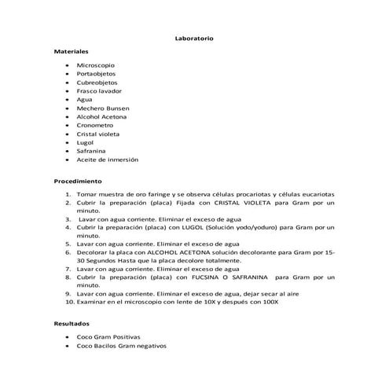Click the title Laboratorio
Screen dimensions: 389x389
[x=193, y=39]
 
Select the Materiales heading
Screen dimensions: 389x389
[x=72, y=51]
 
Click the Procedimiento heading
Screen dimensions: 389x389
[x=77, y=181]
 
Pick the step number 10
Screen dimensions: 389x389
[x=69, y=301]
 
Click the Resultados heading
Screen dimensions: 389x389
[x=72, y=324]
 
